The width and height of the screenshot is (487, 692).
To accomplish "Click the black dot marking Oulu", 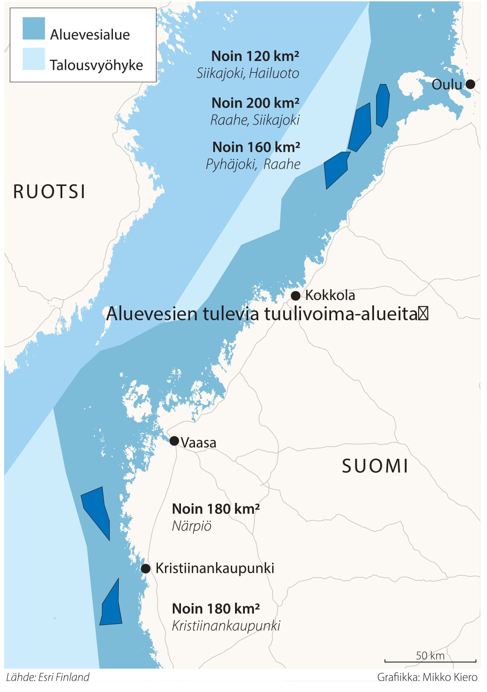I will coord(470,84).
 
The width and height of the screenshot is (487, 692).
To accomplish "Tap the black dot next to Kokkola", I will coord(295,296).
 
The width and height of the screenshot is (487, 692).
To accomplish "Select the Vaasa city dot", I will coord(174,441).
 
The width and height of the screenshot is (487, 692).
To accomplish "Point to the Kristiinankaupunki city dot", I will coord(146,569).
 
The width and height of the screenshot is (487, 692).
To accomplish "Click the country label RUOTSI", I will coord(49,192).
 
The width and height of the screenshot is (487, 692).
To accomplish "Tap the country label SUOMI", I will coord(375,466).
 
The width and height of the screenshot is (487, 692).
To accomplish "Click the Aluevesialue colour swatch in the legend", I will coord(33,29).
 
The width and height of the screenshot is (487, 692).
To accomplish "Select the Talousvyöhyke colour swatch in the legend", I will coord(33,59).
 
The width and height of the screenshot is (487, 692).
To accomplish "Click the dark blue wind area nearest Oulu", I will coord(383,105).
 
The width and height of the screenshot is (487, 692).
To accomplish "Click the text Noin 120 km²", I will coord(255,56).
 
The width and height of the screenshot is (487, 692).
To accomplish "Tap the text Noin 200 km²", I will coord(255,103).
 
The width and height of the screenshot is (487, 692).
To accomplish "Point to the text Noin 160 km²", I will coord(256,147).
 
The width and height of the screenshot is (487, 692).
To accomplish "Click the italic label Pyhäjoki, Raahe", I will coord(253,164).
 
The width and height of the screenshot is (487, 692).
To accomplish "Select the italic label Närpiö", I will coord(191,526).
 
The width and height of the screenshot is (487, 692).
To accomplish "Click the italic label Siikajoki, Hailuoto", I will coord(247,73).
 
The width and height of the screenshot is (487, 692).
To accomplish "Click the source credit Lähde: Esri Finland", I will coord(48,677).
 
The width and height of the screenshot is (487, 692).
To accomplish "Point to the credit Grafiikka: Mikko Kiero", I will coord(427,677).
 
